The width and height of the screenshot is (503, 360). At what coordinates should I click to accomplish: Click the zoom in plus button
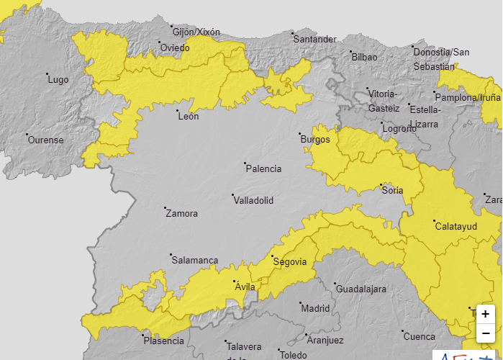(486, 314)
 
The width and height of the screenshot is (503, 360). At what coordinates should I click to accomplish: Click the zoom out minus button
(486, 333)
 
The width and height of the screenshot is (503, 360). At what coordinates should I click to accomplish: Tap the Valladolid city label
(253, 201)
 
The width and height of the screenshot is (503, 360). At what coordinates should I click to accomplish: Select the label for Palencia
(263, 169)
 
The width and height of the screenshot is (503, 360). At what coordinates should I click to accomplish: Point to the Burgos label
(316, 140)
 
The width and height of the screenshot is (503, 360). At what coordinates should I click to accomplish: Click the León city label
(188, 116)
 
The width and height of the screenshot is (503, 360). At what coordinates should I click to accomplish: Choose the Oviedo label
(175, 48)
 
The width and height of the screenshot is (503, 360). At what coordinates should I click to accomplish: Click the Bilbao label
(363, 57)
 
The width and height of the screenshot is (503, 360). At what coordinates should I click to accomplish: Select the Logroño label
(399, 129)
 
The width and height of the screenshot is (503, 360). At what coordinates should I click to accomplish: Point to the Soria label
(393, 191)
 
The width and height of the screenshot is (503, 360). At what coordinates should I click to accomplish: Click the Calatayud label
(456, 226)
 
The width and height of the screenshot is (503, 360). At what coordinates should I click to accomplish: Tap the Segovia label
(290, 261)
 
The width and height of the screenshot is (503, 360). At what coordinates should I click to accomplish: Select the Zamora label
(181, 214)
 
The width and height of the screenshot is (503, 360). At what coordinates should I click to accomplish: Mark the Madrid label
(315, 308)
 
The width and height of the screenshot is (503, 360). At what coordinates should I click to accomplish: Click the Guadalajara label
(361, 289)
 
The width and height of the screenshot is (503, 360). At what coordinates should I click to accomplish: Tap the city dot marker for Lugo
(47, 74)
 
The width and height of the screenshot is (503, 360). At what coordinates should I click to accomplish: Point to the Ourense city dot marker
(27, 135)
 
